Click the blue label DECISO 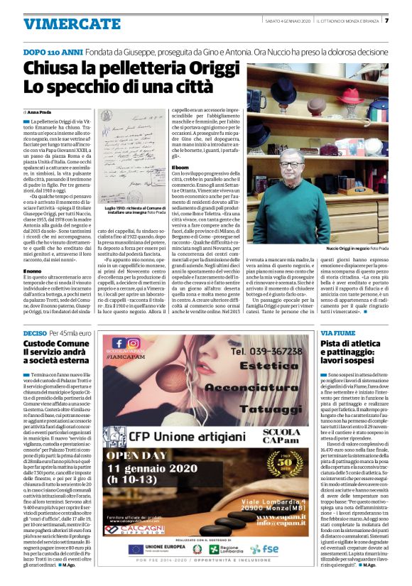point(36,332)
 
